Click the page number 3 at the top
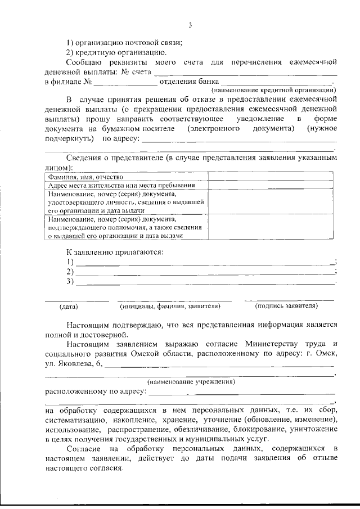[x=190, y=25]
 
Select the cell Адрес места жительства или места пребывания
[x=121, y=185]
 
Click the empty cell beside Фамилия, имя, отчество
[x=269, y=177]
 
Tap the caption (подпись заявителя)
[x=286, y=306]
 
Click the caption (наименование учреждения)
[x=191, y=382]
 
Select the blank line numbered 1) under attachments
[x=205, y=262]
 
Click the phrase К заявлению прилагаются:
[x=115, y=251]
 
